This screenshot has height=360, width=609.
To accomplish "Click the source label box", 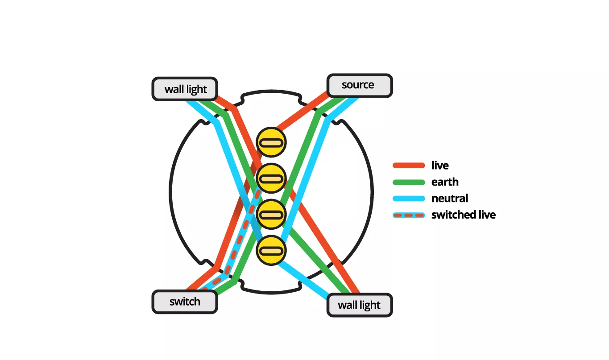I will [x=359, y=85].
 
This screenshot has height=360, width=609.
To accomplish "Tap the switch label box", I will [x=185, y=302].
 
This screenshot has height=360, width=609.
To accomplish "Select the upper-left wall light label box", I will [x=185, y=89].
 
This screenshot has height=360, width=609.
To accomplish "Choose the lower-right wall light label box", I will [x=359, y=306].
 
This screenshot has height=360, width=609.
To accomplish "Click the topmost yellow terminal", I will [x=271, y=143].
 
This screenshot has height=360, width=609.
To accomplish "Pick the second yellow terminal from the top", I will [x=271, y=179].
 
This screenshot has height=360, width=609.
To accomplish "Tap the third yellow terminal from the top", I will [x=271, y=215].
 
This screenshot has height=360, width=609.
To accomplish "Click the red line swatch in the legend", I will [x=408, y=166].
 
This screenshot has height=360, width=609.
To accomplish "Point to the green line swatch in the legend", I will [x=408, y=182].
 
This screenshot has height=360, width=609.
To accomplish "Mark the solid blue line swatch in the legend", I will [x=408, y=199].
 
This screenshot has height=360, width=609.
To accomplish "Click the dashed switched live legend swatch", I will [x=408, y=215].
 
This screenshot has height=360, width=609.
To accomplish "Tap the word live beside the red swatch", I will [x=440, y=166].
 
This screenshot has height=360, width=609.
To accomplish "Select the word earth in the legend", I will [x=445, y=182].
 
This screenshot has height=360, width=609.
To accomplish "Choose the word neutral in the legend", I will [x=450, y=199].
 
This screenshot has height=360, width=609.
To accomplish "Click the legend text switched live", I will [x=463, y=215].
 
